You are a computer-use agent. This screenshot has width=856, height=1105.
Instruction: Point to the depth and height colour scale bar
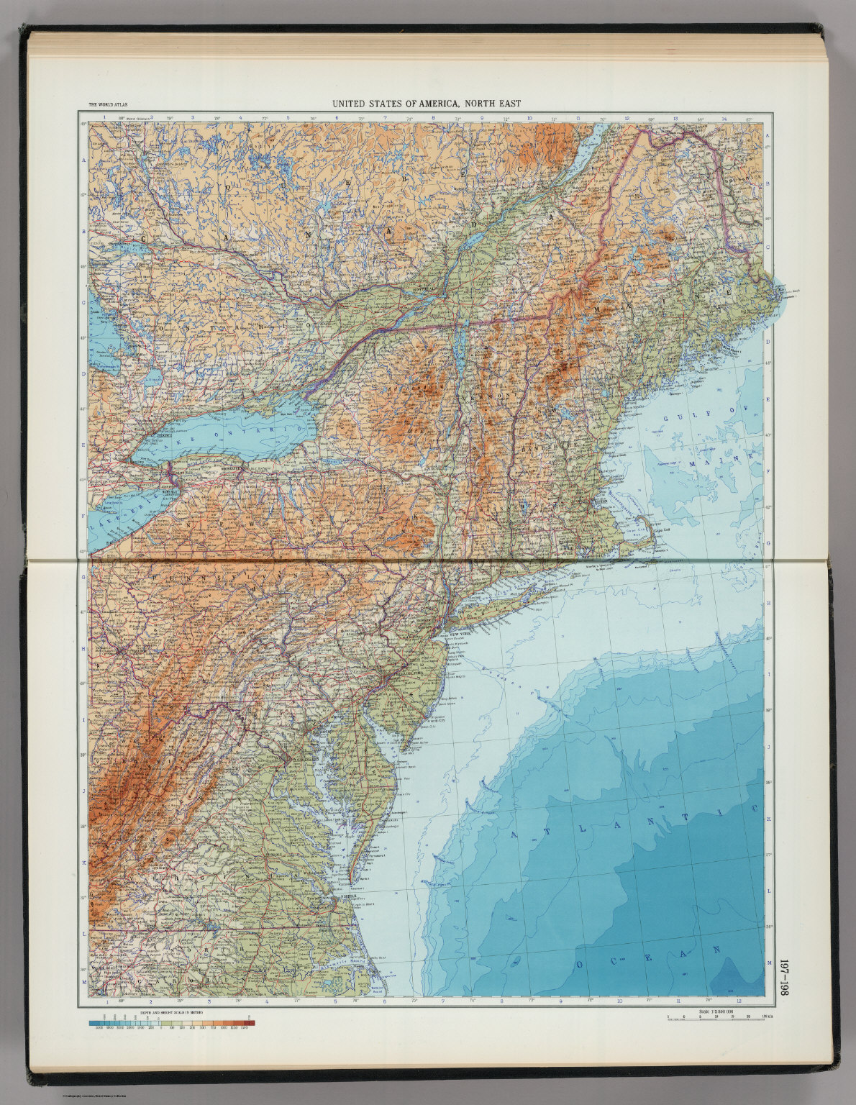point(172,1022)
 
